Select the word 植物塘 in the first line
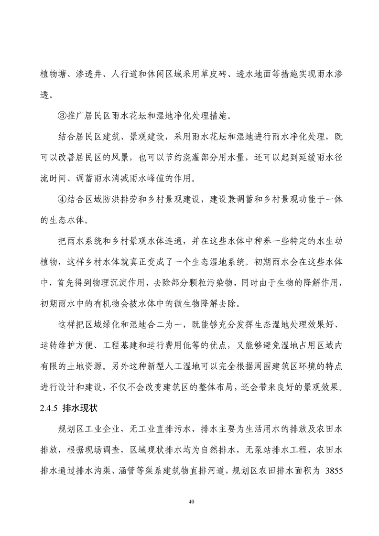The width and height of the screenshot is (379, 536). (52, 75)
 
